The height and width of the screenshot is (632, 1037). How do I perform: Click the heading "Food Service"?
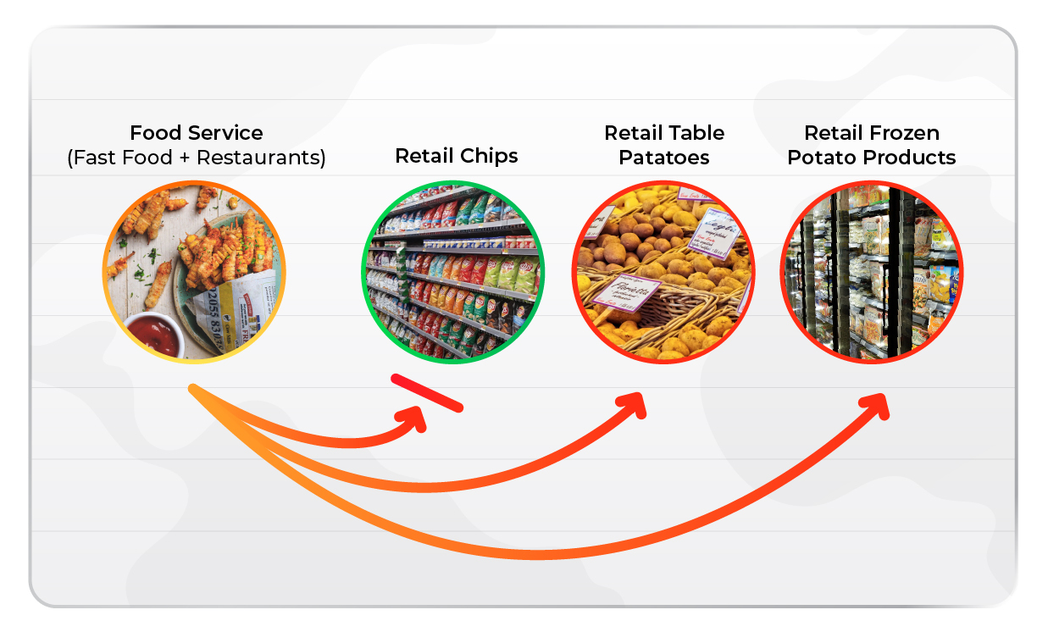tap(196, 133)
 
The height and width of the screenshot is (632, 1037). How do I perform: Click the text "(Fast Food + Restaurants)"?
tap(196, 158)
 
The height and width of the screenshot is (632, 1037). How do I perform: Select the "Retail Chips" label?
tap(456, 156)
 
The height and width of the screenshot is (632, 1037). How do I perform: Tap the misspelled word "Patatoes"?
tap(664, 158)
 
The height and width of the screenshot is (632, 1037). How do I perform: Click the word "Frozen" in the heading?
tap(906, 133)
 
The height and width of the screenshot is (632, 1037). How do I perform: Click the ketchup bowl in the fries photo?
tap(155, 335)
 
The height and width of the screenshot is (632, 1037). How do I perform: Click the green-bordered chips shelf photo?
tap(453, 272)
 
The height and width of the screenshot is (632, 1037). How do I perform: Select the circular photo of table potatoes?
tap(663, 272)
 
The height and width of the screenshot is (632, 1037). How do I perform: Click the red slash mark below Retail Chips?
tap(427, 393)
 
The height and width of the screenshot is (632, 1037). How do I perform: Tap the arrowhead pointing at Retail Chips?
tap(417, 419)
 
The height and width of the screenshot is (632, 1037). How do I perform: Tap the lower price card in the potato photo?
tap(626, 293)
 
